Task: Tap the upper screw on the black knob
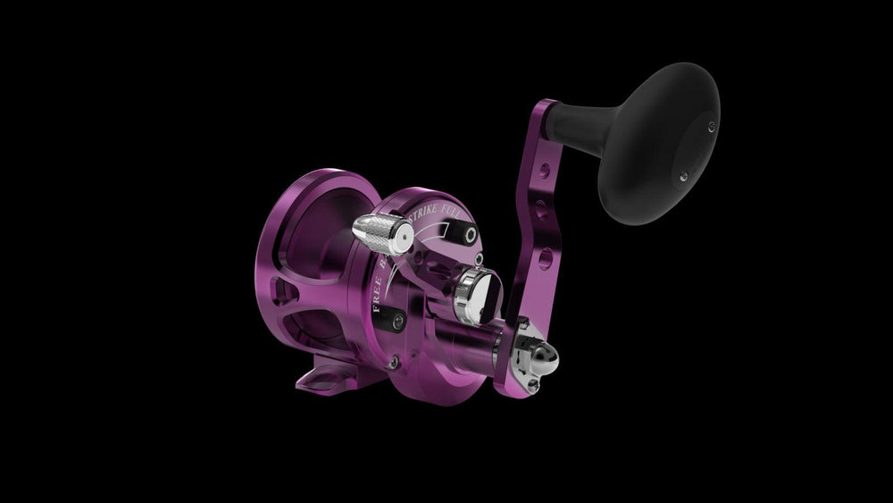711,126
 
